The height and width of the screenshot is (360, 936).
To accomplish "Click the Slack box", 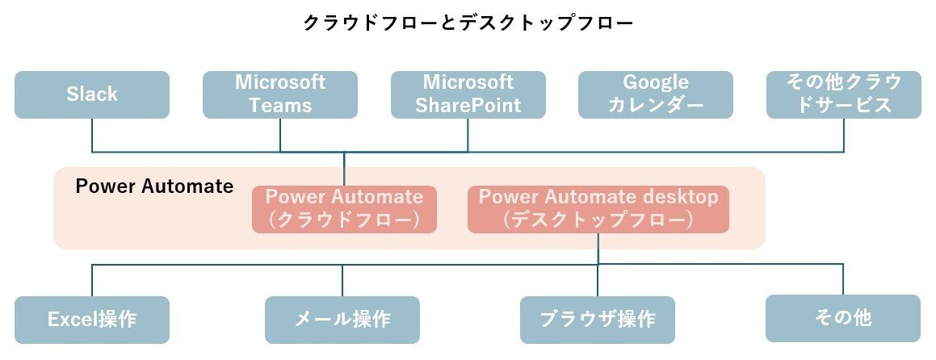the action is (92, 94).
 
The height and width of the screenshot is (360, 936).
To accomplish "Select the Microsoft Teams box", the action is (280, 94).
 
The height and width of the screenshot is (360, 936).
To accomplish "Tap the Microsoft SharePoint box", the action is (468, 94).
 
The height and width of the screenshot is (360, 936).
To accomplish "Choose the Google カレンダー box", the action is (656, 94).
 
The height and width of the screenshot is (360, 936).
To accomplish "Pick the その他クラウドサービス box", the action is (843, 94).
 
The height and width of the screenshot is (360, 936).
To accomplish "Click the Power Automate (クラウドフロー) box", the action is (344, 209).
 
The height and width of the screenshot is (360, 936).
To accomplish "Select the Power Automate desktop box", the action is (598, 209).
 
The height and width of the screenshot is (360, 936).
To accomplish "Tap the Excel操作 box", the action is (92, 320).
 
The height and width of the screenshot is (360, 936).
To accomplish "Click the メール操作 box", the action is (342, 320).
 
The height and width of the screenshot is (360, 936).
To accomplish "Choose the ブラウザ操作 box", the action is (598, 320).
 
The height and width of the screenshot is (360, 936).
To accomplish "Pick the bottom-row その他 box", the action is (843, 318).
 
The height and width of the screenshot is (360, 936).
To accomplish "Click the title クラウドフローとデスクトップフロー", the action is (468, 23).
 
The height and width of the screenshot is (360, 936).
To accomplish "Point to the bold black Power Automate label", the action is (154, 186).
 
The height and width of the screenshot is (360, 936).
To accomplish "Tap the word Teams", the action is (280, 106).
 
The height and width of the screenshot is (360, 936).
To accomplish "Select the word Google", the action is (656, 82).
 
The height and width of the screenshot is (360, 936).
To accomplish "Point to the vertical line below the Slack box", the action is (92, 135).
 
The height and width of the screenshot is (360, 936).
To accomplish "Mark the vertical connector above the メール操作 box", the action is (342, 280).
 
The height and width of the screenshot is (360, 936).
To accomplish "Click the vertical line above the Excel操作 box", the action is (92, 280).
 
